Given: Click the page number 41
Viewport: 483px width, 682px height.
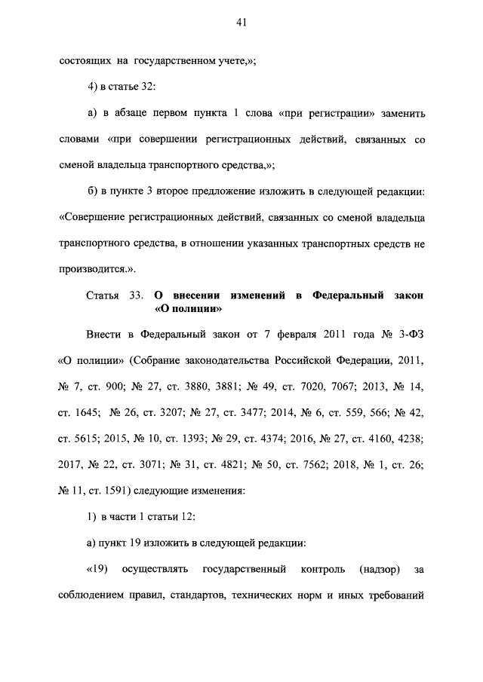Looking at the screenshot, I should click(x=241, y=23).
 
